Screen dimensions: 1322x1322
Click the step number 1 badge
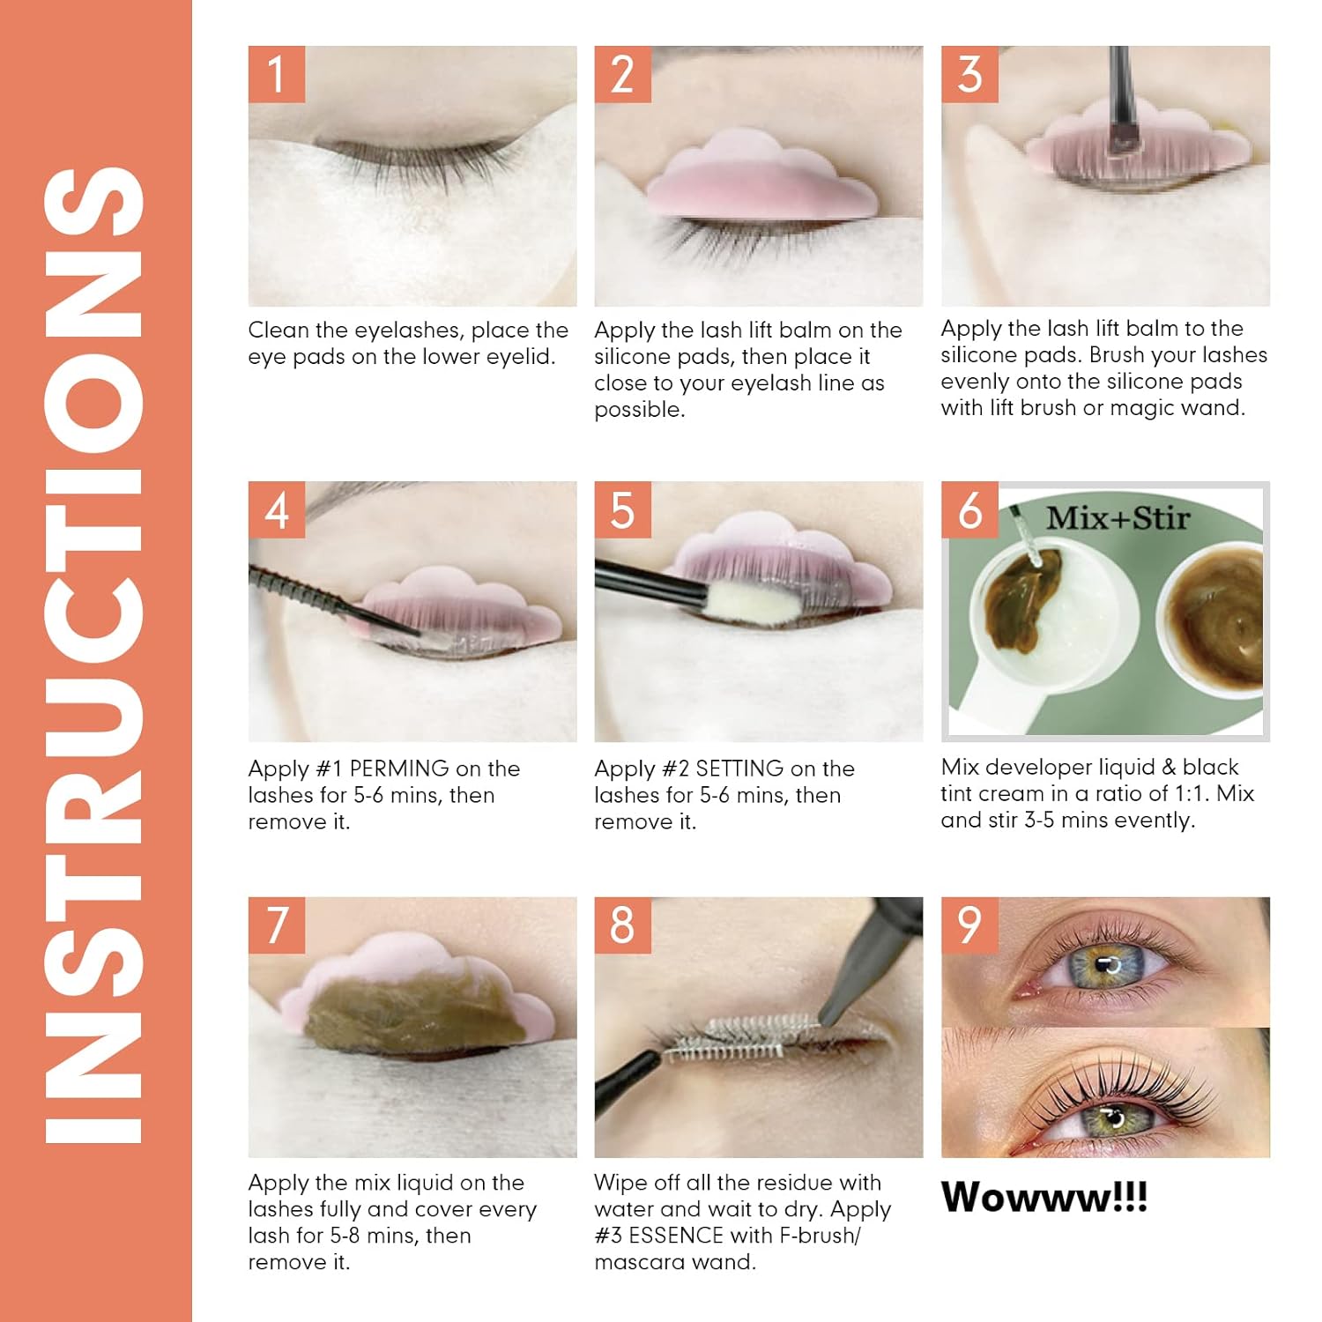[x=277, y=74]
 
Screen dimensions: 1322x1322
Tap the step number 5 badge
[x=622, y=509]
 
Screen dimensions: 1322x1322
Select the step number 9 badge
[x=969, y=925]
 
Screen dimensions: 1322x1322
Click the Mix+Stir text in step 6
[x=1118, y=517]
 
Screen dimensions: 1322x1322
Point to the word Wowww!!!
[x=1044, y=1197]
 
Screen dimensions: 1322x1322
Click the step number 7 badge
[x=277, y=925]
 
